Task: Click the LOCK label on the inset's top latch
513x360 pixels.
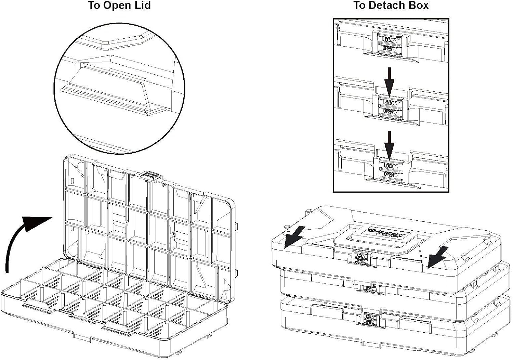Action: click(387, 40)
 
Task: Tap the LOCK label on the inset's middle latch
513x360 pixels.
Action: click(388, 102)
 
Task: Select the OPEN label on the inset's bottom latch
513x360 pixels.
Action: click(388, 174)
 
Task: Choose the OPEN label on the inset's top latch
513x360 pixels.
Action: click(387, 48)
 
